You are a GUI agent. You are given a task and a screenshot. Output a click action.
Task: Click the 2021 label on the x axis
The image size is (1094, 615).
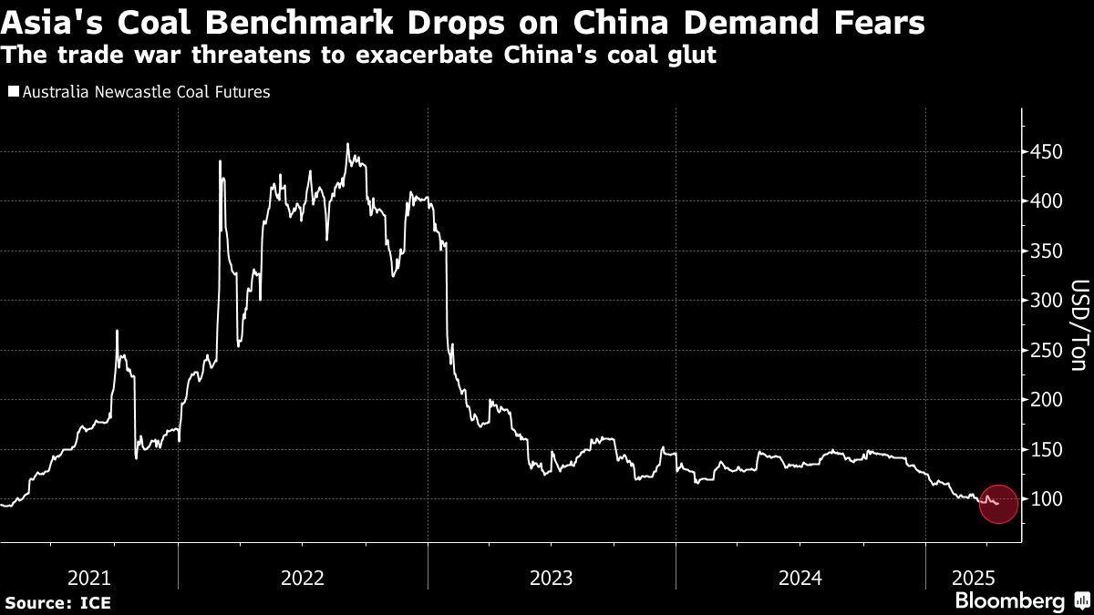(x=90, y=578)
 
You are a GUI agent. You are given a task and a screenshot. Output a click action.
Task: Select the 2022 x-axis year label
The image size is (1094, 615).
(x=303, y=578)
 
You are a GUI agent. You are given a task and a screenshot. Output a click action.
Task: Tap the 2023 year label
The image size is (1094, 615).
(x=551, y=578)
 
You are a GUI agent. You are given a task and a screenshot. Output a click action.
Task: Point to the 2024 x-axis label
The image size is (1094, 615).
(x=800, y=578)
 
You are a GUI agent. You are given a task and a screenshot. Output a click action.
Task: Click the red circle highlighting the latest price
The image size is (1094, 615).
(x=997, y=504)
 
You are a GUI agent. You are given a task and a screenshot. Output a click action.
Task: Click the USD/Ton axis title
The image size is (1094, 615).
(x=1077, y=326)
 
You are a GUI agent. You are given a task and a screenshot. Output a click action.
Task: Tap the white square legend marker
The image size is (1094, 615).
(x=13, y=92)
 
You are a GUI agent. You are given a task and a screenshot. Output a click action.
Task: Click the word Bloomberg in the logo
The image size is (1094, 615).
(x=1009, y=601)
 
